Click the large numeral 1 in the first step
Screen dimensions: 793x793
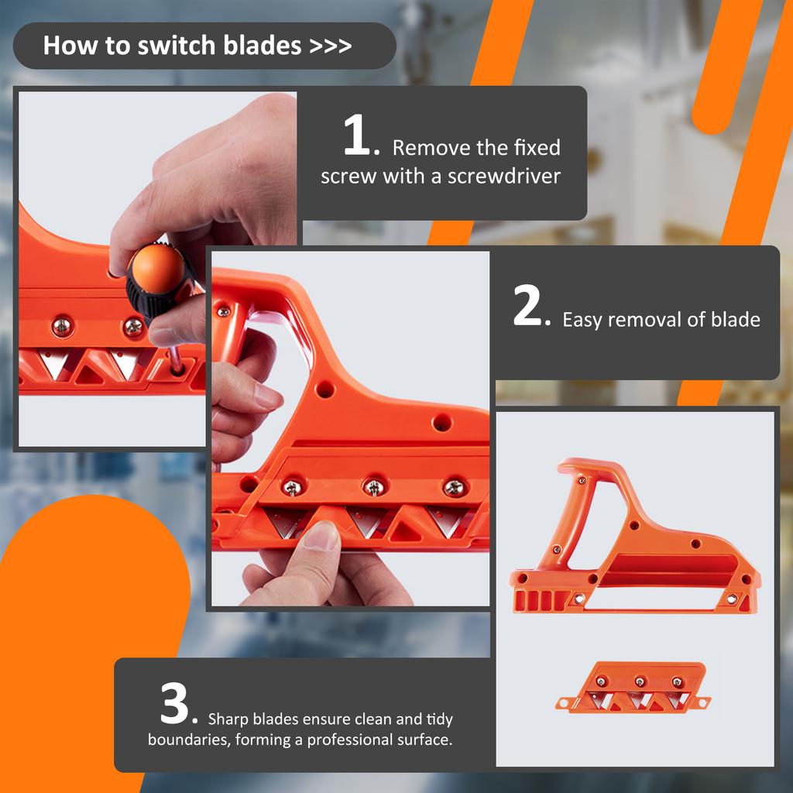pos(360,139)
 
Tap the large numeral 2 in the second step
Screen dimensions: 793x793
pos(531,310)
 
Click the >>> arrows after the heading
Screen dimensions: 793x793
pos(331,46)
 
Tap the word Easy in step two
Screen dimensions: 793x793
pos(582,320)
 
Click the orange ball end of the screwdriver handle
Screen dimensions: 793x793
pos(157,269)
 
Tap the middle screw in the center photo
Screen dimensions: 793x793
pos(373,488)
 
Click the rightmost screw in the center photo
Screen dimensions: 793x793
pos(455,488)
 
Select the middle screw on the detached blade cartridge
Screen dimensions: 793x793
pos(640,681)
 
